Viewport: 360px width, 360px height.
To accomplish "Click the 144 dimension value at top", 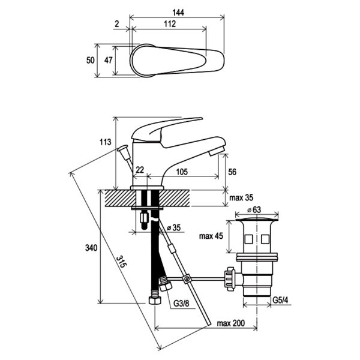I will tap(178, 12).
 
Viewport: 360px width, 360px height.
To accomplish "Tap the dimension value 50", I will tap(91, 60).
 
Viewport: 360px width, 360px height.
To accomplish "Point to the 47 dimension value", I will tap(109, 60).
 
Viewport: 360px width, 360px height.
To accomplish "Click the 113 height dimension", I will tap(105, 142).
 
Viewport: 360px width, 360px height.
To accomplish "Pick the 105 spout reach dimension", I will tap(182, 172).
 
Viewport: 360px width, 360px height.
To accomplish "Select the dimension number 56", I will tap(233, 172).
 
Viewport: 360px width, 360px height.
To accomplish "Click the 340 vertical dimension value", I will tap(90, 248).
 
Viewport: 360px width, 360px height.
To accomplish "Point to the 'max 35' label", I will tap(240, 197).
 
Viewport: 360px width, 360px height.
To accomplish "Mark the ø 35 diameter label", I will tap(176, 228).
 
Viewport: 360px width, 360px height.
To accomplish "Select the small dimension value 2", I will tap(116, 24).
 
